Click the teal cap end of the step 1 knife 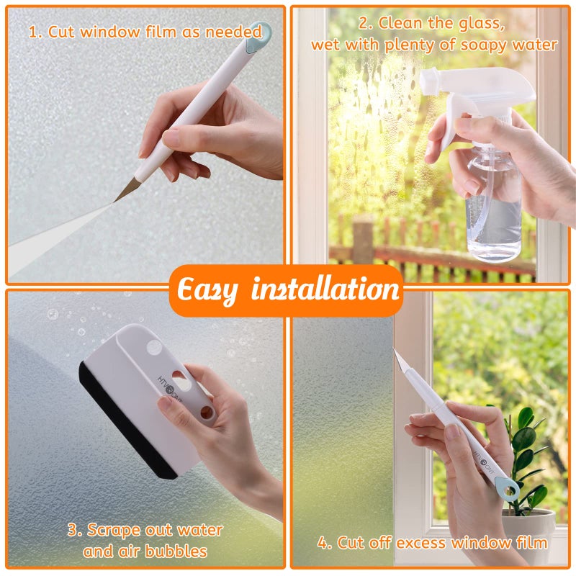259,36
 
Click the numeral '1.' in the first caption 35,32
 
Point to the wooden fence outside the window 403,248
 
